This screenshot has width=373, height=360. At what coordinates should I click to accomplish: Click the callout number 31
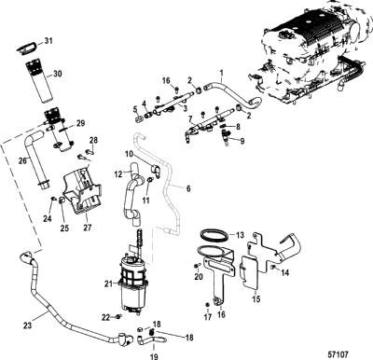pyautogui.click(x=48, y=40)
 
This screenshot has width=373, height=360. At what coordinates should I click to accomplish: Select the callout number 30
pyautogui.click(x=58, y=74)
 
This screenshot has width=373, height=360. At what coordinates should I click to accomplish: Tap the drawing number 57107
pyautogui.click(x=338, y=354)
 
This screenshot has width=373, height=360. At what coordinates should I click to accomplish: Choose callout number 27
pyautogui.click(x=88, y=228)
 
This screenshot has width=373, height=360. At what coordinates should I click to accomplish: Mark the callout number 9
pyautogui.click(x=242, y=141)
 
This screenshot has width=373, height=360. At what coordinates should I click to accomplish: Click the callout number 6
pyautogui.click(x=188, y=188)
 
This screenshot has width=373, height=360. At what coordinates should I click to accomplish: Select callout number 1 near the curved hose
pyautogui.click(x=222, y=74)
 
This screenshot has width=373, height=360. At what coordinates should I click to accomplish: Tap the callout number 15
pyautogui.click(x=256, y=299)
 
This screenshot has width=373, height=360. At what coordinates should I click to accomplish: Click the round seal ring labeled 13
pyautogui.click(x=213, y=234)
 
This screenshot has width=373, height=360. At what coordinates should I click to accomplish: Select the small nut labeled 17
pyautogui.click(x=207, y=304)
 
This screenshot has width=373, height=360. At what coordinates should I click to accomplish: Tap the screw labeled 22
pyautogui.click(x=118, y=316)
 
